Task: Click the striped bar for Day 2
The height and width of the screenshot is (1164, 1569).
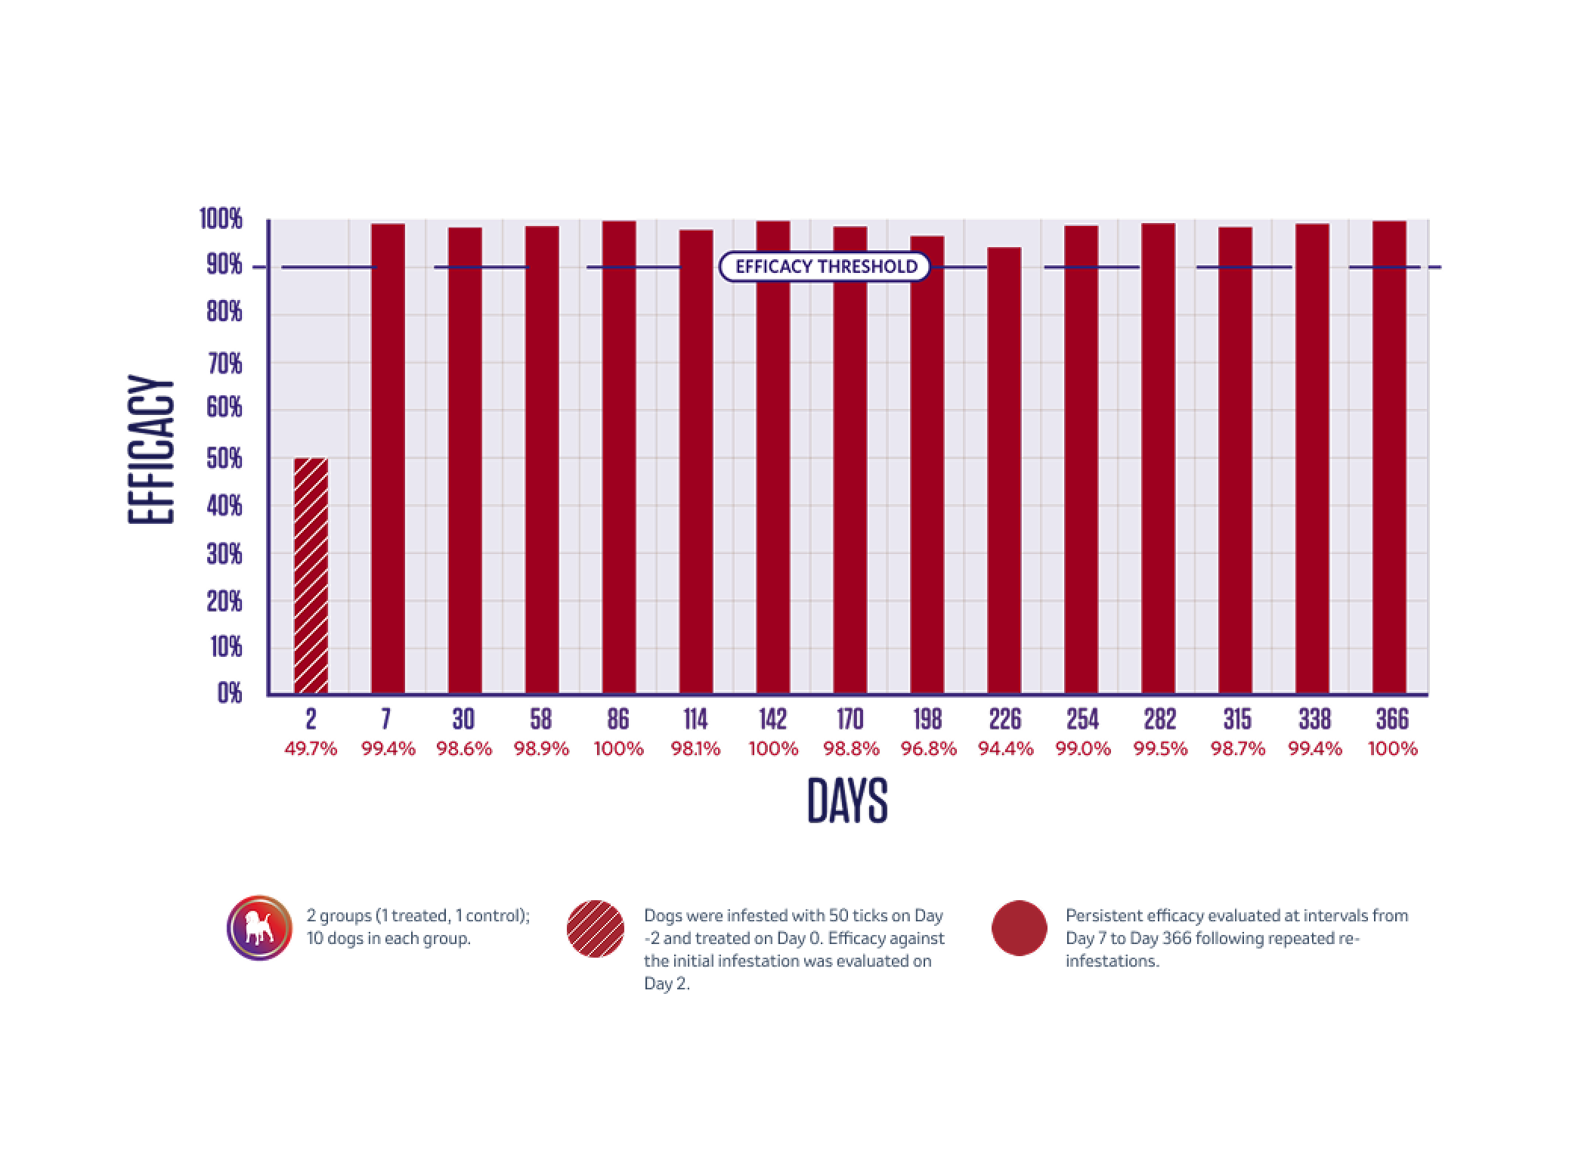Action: [311, 574]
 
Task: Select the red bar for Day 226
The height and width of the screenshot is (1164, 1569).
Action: [1004, 469]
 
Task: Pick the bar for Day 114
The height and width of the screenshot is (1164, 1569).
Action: [695, 461]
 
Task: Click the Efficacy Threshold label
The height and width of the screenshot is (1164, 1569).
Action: [825, 267]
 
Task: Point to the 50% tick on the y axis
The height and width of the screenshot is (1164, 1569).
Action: [224, 458]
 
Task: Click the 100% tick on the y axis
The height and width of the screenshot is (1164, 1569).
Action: [221, 220]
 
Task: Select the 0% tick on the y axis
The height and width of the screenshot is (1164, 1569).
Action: [229, 693]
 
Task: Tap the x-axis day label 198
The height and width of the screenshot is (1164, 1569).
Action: [927, 719]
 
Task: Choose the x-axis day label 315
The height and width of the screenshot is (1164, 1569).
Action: [1236, 719]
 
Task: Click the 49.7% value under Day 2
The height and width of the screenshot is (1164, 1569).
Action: [311, 749]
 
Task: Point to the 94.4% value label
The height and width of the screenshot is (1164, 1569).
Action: [1005, 749]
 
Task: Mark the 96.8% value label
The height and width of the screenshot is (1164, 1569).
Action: [928, 749]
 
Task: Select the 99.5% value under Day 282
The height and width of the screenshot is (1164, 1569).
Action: [1160, 749]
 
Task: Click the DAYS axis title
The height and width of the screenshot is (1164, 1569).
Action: [846, 800]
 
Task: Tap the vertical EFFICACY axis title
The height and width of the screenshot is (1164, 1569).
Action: [151, 450]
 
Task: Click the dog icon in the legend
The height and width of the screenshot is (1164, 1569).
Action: [259, 927]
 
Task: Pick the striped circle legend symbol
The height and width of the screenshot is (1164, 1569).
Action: [596, 929]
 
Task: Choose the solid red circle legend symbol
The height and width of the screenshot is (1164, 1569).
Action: [1019, 928]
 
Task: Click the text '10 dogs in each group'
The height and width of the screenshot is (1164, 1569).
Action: [388, 939]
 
